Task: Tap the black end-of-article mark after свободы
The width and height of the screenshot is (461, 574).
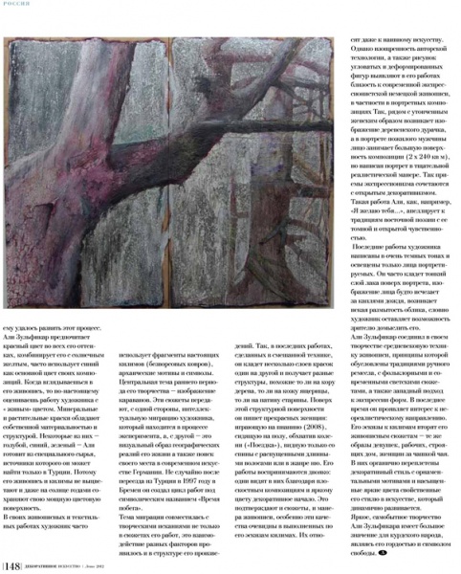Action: coord(383,553)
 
